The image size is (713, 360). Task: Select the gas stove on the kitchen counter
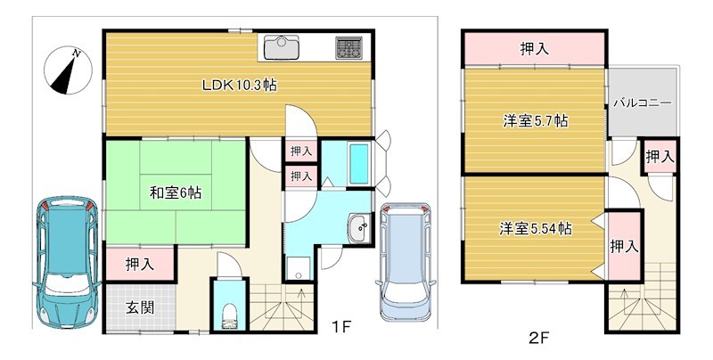[x=348, y=46]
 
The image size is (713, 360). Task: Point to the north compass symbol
[x=66, y=71]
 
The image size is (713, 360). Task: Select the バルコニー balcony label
[x=642, y=103]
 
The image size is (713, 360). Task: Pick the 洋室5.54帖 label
[x=535, y=228]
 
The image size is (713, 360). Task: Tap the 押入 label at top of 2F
[x=535, y=49]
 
